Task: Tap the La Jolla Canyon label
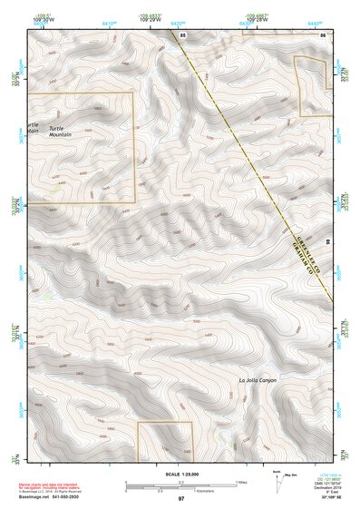click(x=258, y=379)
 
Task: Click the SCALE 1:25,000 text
click(x=181, y=473)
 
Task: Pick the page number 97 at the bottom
click(x=181, y=499)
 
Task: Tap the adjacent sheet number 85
click(x=183, y=34)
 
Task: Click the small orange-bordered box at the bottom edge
click(x=165, y=439)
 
